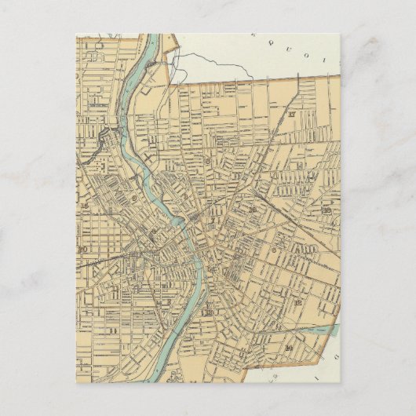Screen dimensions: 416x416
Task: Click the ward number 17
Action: (291, 115)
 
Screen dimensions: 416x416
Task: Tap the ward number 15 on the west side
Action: (83, 206)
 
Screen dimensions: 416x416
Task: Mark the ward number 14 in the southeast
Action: (289, 347)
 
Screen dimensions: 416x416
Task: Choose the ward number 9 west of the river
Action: (134, 199)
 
